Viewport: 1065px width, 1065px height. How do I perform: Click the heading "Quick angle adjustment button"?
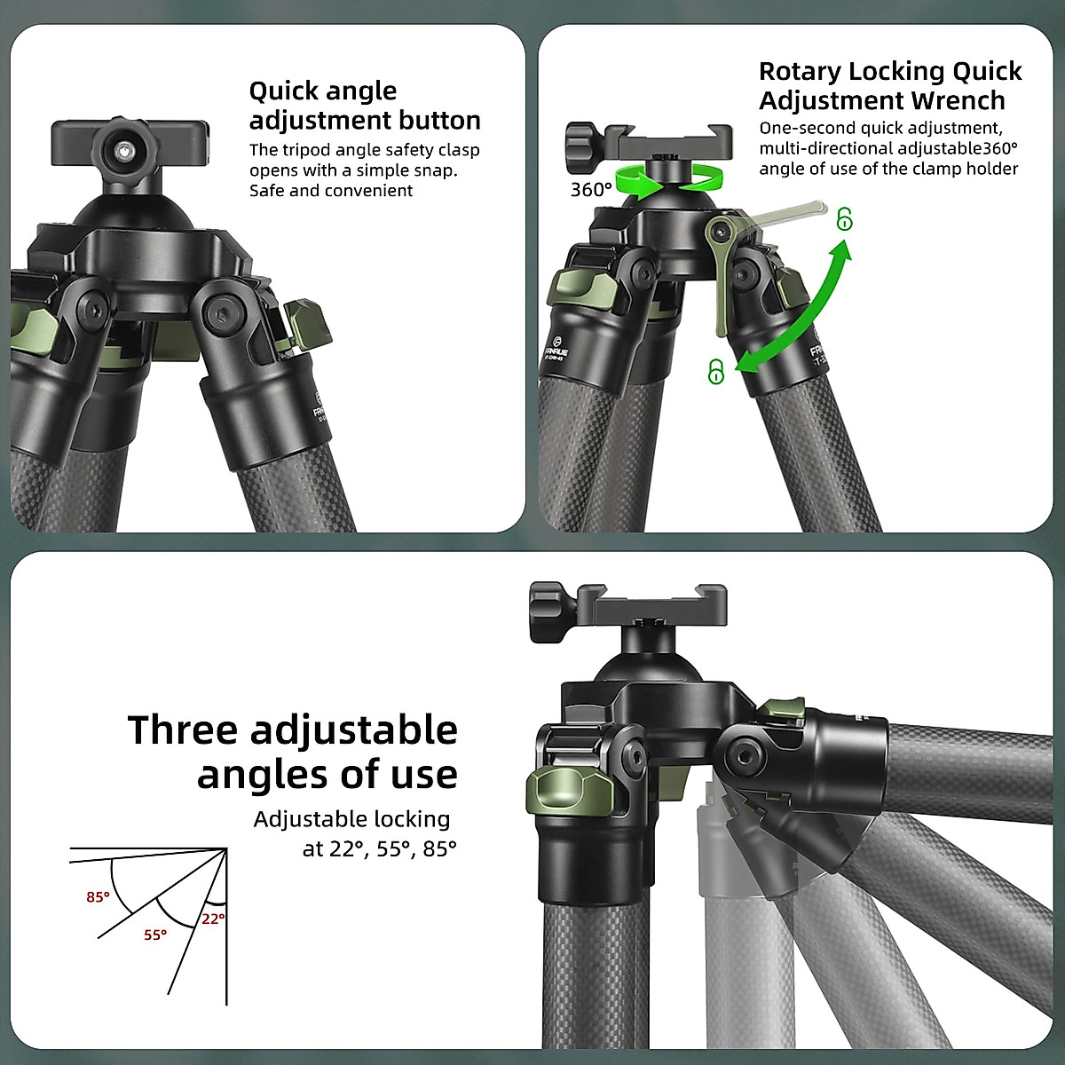point(364,106)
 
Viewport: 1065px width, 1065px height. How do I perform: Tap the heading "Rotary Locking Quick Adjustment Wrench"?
point(889,85)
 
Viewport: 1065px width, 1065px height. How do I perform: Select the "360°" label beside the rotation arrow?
point(591,189)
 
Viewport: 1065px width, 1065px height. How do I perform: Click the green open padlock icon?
point(844,218)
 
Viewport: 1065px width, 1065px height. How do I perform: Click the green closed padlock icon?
point(716,372)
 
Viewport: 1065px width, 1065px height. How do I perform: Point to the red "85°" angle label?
point(98,897)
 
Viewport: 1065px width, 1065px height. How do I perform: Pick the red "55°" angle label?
point(155,935)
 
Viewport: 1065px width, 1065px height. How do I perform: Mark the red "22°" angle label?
point(212,919)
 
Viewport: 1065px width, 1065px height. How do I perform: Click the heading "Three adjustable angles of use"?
point(293,752)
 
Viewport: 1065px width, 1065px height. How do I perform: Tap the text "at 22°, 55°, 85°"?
point(379,849)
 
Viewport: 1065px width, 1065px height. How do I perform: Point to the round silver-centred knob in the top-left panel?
point(121,150)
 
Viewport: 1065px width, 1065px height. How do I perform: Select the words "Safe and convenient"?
point(330,191)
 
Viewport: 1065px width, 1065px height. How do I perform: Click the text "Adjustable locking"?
point(351,819)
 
